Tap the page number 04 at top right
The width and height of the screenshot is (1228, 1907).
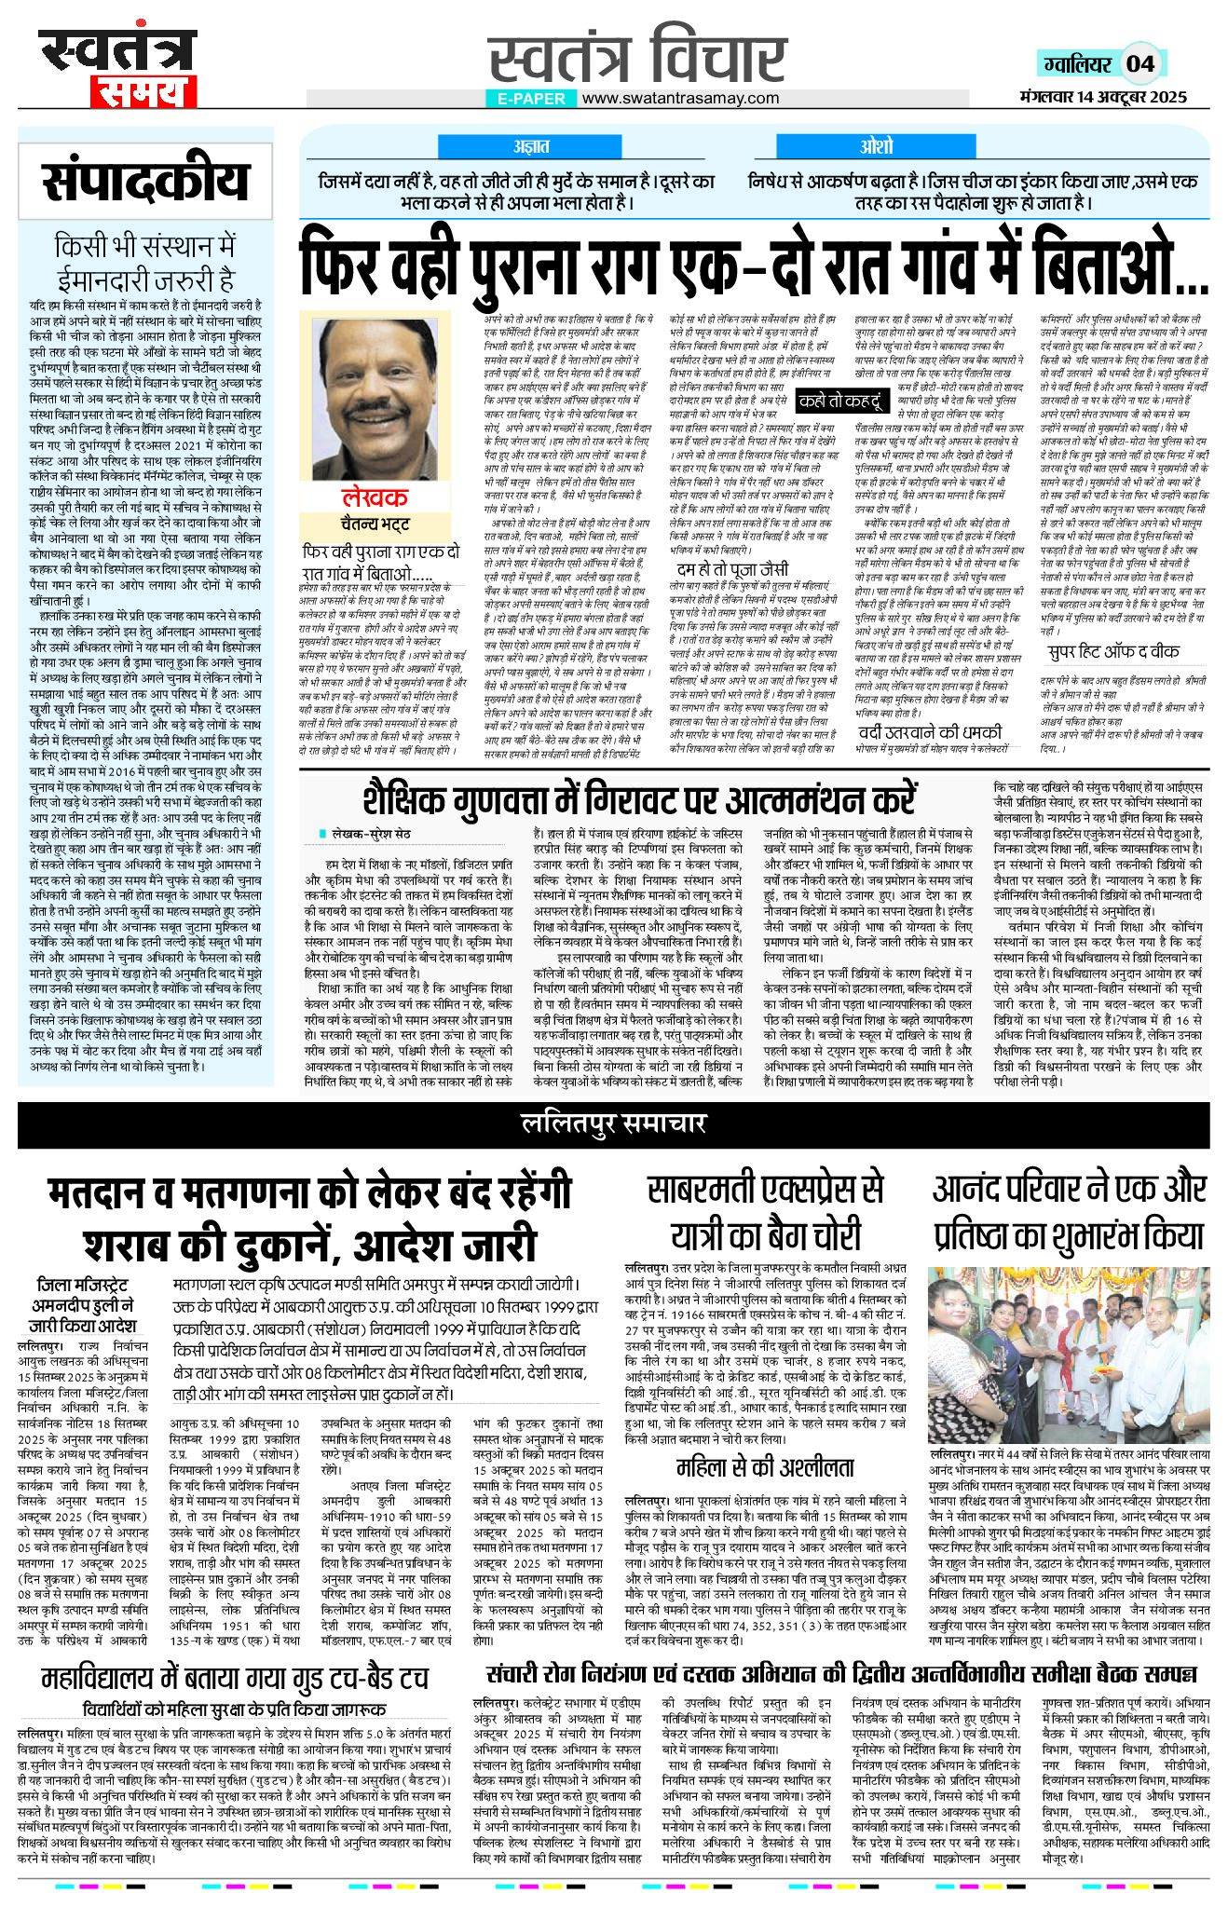[x=1140, y=63]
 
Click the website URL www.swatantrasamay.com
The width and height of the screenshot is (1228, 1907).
[x=680, y=98]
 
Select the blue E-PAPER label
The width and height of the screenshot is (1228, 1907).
[x=531, y=98]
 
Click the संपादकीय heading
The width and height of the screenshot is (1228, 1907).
[x=146, y=182]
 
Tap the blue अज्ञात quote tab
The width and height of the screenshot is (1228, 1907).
[x=531, y=146]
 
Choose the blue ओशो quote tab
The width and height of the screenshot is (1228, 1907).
[x=876, y=146]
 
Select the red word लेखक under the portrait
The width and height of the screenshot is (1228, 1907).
[x=375, y=497]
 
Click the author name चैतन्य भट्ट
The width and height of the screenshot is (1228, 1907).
[x=375, y=523]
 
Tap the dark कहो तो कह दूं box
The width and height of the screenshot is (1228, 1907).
[x=839, y=402]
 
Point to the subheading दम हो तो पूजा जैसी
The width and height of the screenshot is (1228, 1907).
[x=732, y=568]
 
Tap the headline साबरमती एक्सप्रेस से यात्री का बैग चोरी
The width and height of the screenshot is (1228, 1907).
[x=764, y=1212]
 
